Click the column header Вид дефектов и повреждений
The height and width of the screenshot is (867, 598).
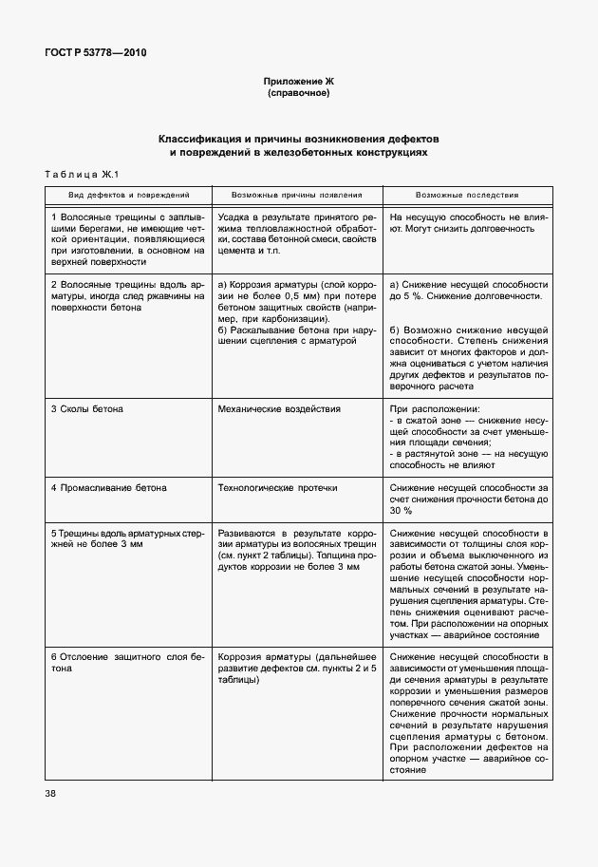click(x=121, y=194)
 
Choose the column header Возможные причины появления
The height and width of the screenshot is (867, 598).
click(x=297, y=194)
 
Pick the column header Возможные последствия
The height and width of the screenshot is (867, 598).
click(x=468, y=194)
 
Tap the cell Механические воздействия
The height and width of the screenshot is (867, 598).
click(x=279, y=408)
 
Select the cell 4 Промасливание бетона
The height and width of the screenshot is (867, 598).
click(x=108, y=487)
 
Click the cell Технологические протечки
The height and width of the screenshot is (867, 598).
click(x=277, y=487)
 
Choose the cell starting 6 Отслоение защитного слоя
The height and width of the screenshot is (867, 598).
click(x=127, y=662)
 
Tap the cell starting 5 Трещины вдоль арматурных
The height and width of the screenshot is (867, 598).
click(x=127, y=539)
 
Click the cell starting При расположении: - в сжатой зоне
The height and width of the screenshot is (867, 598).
click(x=468, y=437)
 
